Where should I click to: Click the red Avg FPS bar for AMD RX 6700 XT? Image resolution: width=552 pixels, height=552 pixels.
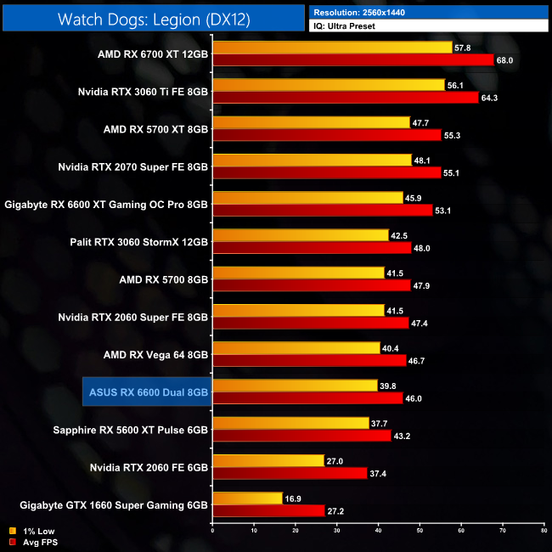tap(352, 60)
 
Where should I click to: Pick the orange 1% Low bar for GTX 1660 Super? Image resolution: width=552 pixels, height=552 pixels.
tap(247, 498)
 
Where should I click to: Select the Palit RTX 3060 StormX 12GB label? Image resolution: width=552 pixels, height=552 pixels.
tap(139, 241)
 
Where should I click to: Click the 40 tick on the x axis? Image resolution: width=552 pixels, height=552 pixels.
tap(378, 531)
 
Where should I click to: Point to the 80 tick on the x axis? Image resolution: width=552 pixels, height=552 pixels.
tap(544, 531)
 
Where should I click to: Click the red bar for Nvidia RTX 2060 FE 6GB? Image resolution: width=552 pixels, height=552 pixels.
tap(290, 473)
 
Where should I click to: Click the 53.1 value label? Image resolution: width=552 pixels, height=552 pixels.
tap(445, 211)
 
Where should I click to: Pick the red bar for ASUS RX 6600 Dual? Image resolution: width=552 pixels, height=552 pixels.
tap(307, 398)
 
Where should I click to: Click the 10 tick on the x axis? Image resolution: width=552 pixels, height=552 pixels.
tap(254, 531)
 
